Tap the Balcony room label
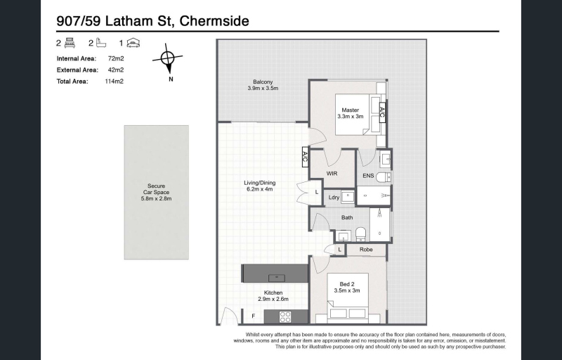coord(263,85)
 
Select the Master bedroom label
coord(350,113)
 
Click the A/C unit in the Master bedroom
coord(382,112)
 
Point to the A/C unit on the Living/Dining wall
coord(306,157)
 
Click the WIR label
coord(332,174)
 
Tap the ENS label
coord(368,176)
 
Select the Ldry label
coord(334,197)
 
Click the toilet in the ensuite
coord(384,176)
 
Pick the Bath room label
coord(347,217)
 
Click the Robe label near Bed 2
coord(366,250)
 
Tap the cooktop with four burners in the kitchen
coord(285,317)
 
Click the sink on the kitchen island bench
coord(277,277)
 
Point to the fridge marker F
coord(254,316)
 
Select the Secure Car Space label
coord(156,192)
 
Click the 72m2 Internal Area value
coord(116,58)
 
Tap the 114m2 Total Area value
coord(114,82)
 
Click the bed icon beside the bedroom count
coord(70,43)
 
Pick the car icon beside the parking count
coord(133,43)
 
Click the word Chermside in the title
coord(214,21)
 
